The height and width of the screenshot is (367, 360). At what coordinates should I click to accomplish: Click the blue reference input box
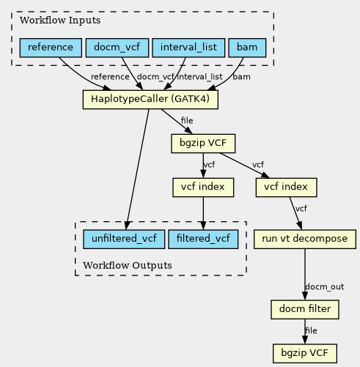pos(51,48)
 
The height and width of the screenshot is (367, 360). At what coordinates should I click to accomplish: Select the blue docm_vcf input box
pos(117,48)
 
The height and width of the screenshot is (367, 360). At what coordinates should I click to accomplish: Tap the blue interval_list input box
pos(188,48)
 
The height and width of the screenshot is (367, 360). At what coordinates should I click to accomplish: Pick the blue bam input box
pos(247,48)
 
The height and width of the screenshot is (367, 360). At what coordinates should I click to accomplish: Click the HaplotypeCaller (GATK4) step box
pos(150,100)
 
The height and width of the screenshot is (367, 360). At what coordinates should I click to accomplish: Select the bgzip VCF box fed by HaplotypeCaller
pos(203,144)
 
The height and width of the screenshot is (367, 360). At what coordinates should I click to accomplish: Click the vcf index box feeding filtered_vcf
pos(203,188)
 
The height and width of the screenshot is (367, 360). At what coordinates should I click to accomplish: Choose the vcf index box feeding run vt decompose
pos(287,188)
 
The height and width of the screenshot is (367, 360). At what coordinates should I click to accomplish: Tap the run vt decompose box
pos(305,240)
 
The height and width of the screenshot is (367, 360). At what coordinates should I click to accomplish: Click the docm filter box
pos(305,310)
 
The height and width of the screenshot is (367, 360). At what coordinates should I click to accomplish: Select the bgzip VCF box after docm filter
pos(305,354)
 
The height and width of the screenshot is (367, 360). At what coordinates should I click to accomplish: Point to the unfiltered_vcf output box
pos(124,240)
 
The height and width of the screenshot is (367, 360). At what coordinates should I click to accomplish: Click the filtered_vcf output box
pos(203,240)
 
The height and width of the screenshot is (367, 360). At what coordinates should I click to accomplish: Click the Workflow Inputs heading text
pos(60,21)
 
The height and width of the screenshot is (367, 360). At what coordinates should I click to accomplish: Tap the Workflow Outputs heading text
pos(128,265)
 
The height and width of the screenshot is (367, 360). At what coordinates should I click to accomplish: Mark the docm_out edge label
pos(325,286)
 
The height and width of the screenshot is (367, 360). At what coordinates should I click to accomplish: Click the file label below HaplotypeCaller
pos(187,120)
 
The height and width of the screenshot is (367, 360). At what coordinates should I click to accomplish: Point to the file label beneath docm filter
pos(311,330)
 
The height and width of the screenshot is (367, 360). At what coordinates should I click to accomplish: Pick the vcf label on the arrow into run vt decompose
pos(301,209)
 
